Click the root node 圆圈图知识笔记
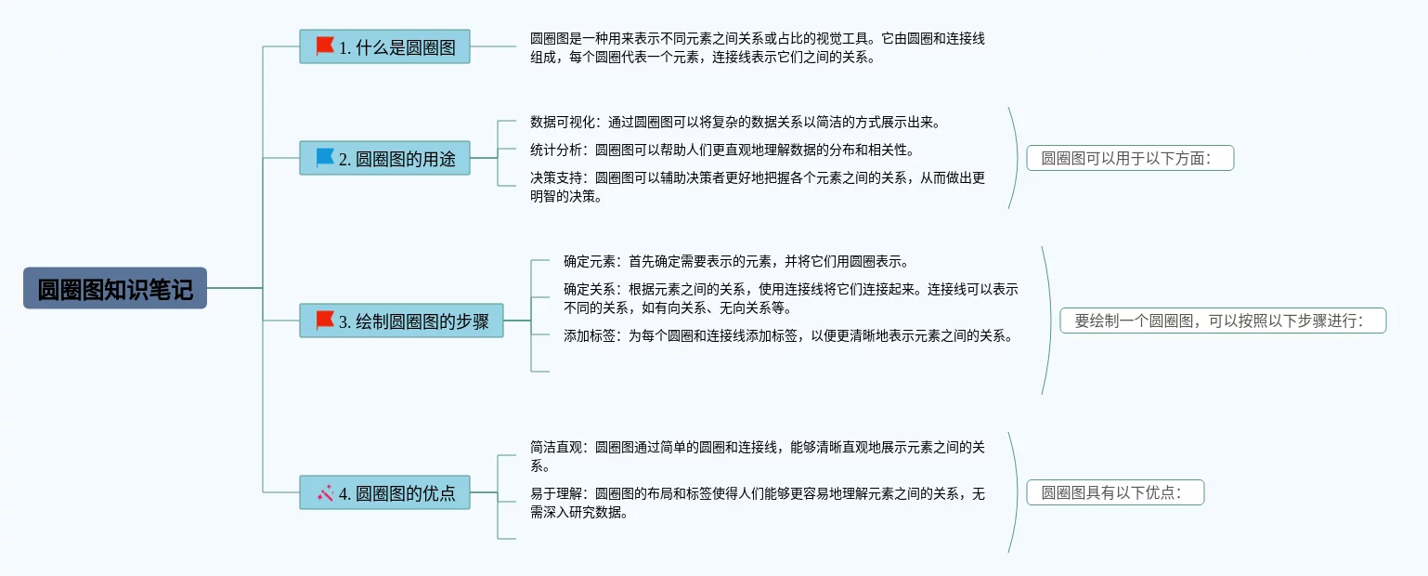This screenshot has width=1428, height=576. [x=115, y=288]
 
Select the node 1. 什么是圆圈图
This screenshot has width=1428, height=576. [x=384, y=46]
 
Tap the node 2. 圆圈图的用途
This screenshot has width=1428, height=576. [x=384, y=158]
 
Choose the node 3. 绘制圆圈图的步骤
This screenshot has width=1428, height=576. [x=401, y=321]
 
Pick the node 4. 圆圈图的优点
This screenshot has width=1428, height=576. [x=384, y=492]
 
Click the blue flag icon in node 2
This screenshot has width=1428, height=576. [x=325, y=158]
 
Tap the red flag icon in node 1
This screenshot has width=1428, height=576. [x=325, y=46]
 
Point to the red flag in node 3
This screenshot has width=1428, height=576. [x=325, y=321]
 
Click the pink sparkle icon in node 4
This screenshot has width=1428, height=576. [x=325, y=493]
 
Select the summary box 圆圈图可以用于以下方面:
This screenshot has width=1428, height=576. [x=1130, y=158]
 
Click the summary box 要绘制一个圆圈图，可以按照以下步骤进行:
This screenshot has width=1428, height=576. [x=1223, y=321]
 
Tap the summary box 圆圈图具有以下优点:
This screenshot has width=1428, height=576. [x=1115, y=492]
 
